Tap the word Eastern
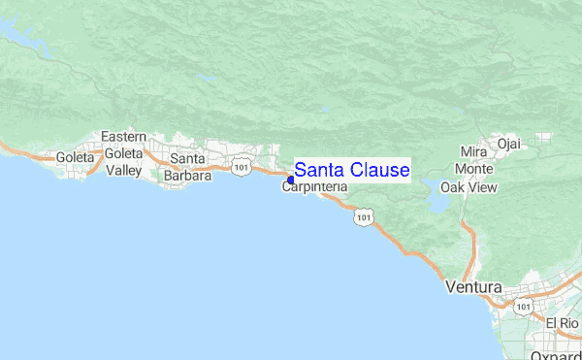(123, 136)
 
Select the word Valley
(124, 171)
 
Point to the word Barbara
(187, 176)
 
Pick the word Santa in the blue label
(318, 171)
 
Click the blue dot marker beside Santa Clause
(290, 180)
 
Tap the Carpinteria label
(314, 188)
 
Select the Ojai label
(508, 145)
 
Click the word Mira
(473, 152)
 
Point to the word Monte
(473, 169)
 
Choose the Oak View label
(469, 187)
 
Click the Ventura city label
(473, 288)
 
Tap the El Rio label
(562, 323)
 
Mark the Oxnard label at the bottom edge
(556, 354)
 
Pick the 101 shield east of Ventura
(523, 307)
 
